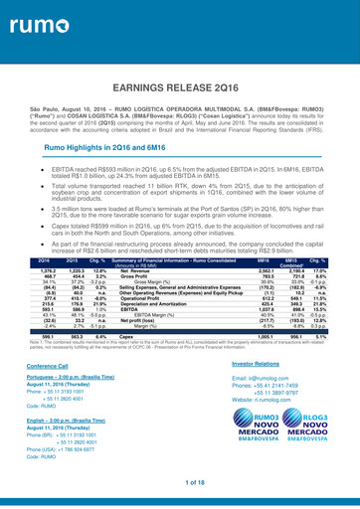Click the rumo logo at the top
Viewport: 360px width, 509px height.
34,20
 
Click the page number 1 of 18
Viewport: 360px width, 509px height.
179,482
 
